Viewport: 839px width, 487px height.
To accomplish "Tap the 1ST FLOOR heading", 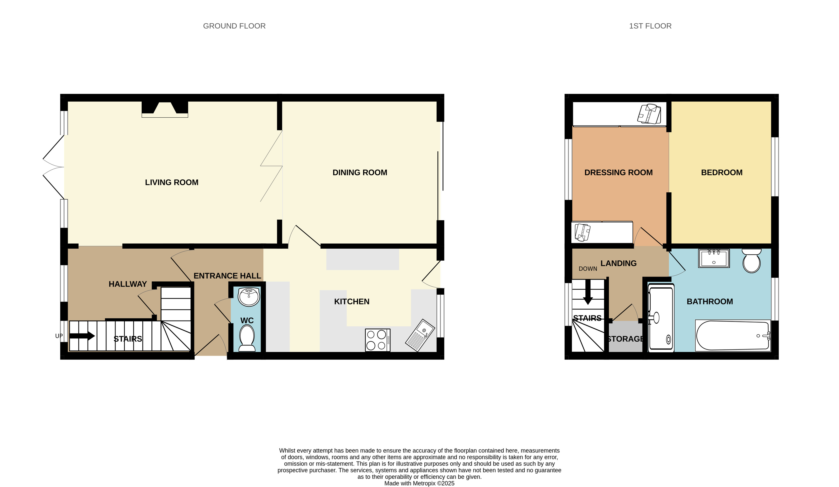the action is pos(650,26).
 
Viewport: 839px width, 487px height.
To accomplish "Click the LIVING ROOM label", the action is pos(172,182).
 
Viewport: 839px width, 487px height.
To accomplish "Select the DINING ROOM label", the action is pos(360,172).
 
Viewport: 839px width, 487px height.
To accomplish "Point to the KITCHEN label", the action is pos(352,301).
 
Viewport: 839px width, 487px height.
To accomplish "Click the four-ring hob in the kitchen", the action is pos(378,340).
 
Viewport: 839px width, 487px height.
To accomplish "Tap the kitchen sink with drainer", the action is pos(420,335).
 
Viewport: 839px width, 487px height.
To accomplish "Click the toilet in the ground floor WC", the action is pos(247,338).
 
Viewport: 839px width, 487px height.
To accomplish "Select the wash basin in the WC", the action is pos(249,297).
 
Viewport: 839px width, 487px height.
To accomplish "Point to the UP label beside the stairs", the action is pos(59,336).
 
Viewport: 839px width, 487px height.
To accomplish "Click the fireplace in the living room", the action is pos(165,109).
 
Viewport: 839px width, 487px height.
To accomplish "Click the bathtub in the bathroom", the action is pos(733,335).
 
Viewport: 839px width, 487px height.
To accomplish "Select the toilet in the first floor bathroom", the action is pos(751,261).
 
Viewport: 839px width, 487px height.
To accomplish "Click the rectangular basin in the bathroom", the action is pos(714,258).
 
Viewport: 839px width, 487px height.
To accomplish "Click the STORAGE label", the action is pos(625,339).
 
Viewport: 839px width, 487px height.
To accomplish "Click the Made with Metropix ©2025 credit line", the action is pos(419,483).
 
